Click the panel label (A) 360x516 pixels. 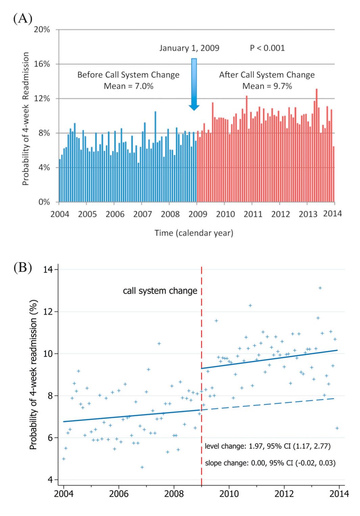[22, 19]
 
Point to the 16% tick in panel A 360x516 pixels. [42, 64]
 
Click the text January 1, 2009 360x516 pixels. [189, 48]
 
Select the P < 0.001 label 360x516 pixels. [267, 48]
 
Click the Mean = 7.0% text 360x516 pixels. [128, 86]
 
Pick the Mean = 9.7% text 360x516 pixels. [267, 86]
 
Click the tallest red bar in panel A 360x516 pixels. [316, 145]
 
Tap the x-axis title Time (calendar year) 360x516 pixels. [194, 233]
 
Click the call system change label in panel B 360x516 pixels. [160, 291]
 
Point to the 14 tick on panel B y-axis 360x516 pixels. [49, 269]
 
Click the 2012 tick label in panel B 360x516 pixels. [284, 493]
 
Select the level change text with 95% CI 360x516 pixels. [268, 446]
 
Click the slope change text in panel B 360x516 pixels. [270, 463]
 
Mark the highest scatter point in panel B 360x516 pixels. [320, 288]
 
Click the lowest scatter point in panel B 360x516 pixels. [142, 467]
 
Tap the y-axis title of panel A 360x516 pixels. [26, 119]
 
